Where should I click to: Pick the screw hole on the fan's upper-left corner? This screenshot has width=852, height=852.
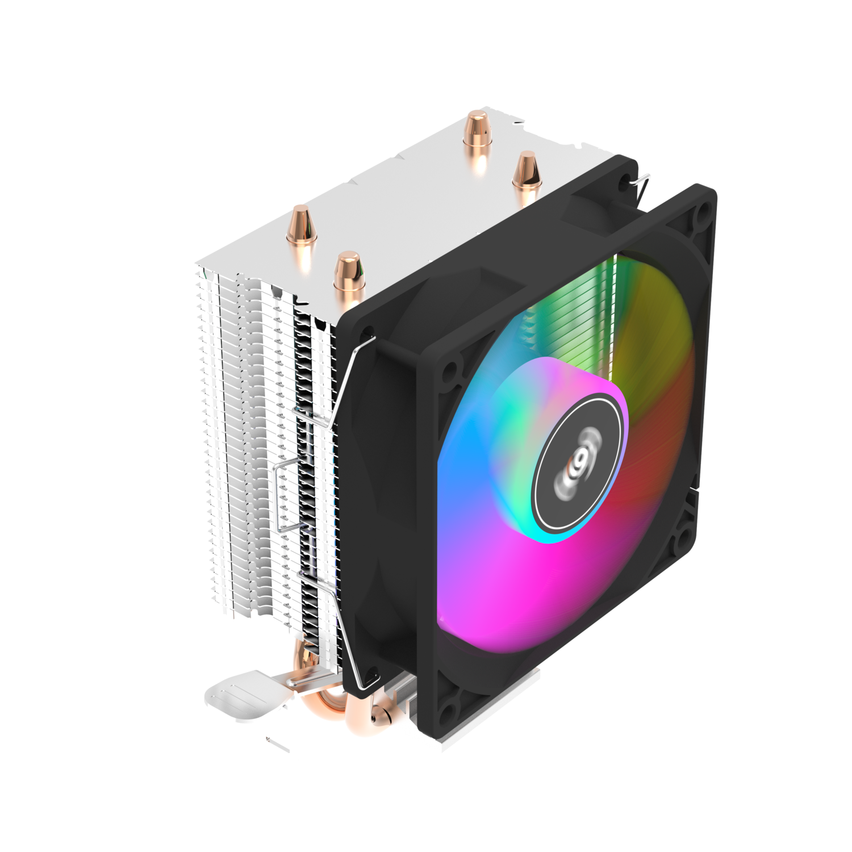pos(452,369)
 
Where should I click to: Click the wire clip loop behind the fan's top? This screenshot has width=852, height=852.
pos(638,185)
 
